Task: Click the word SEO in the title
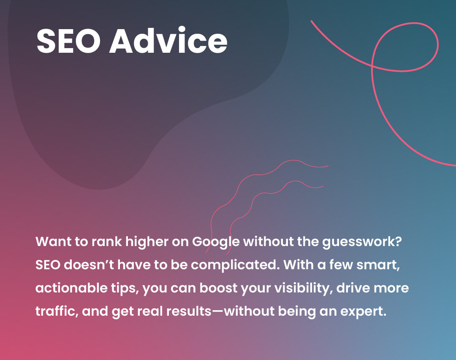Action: pos(68,41)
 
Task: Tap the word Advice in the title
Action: pos(168,40)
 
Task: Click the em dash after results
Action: pos(217,311)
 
